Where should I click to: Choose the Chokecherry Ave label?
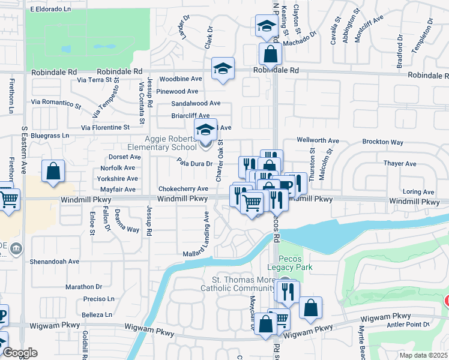(x=183, y=188)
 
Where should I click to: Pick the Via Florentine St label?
(x=105, y=128)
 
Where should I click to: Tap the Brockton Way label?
(x=382, y=142)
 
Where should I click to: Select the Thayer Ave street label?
(x=400, y=163)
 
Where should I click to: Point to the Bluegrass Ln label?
(x=50, y=136)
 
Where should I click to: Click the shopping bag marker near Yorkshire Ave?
(x=53, y=171)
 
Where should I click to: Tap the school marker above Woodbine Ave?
(x=223, y=69)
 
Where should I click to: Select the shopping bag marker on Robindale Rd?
(x=271, y=55)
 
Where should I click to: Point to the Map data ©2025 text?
(x=423, y=355)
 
